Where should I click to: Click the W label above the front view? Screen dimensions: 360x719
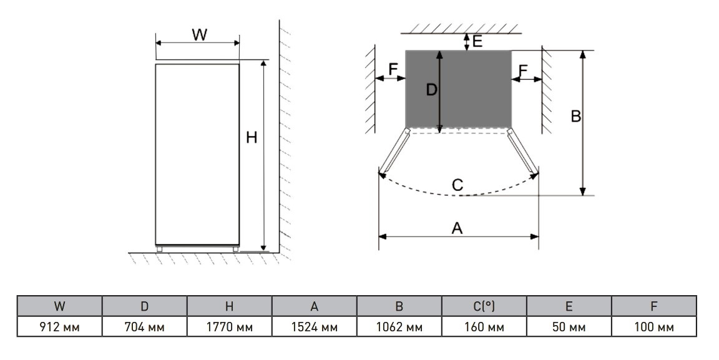199,35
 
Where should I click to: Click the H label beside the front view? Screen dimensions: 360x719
252,138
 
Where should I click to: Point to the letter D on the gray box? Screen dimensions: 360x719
431,90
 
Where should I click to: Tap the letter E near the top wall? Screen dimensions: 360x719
477,41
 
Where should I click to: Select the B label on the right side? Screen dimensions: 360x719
576,116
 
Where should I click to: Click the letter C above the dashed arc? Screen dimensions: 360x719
457,185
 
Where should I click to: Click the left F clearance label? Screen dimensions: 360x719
394,69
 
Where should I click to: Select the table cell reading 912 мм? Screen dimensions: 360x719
59,327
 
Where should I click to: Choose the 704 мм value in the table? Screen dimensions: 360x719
144,327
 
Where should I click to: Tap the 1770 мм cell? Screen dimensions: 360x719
229,327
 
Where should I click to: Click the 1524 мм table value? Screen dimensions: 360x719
314,327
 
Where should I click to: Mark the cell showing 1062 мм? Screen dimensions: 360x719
399,327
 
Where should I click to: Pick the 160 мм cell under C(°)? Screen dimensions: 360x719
484,327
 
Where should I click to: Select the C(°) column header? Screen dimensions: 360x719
484,306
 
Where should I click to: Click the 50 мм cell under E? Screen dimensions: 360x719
569,327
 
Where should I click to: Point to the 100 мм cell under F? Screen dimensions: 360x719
653,327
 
